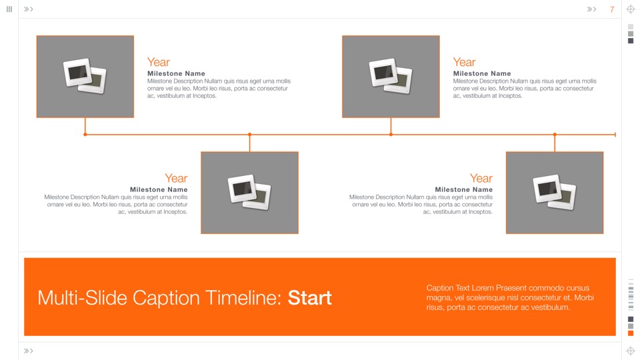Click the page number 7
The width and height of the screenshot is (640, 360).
pyautogui.click(x=612, y=9)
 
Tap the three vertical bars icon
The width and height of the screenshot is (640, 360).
pyautogui.click(x=9, y=9)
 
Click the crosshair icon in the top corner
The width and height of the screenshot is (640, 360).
pyautogui.click(x=631, y=9)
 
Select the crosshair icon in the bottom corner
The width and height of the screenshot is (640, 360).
pyautogui.click(x=631, y=351)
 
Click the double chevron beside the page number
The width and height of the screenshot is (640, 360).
pyautogui.click(x=591, y=9)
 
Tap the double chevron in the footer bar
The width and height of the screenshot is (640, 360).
pyautogui.click(x=29, y=351)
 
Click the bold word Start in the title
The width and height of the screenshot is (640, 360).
pyautogui.click(x=309, y=297)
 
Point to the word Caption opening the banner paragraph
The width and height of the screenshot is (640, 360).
pyautogui.click(x=441, y=288)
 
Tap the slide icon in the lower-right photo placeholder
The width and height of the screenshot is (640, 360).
pyautogui.click(x=554, y=192)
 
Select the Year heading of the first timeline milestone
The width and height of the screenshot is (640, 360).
pyautogui.click(x=158, y=62)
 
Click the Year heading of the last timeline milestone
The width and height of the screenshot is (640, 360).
pyautogui.click(x=481, y=178)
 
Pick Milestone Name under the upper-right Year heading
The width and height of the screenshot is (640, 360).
pyautogui.click(x=482, y=73)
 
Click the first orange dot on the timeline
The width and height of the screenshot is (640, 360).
pyautogui.click(x=85, y=135)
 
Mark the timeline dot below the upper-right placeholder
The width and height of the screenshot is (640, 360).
pyautogui.click(x=391, y=135)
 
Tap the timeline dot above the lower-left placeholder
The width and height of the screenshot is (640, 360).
pyautogui.click(x=249, y=135)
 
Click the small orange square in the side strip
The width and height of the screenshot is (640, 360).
pyautogui.click(x=631, y=333)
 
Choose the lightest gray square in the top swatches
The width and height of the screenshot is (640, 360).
pyautogui.click(x=631, y=27)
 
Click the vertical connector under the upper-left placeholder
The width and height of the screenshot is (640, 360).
pyautogui.click(x=85, y=126)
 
